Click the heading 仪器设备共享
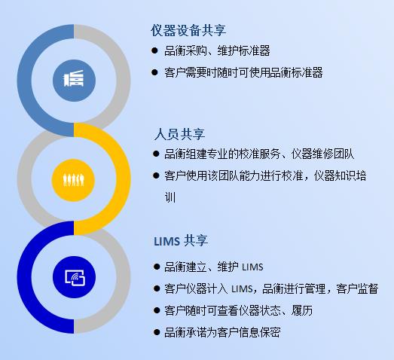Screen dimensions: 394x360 [188, 31]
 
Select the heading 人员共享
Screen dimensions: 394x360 [179, 134]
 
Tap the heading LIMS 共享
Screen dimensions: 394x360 [181, 241]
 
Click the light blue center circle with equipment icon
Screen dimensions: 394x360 [74, 81]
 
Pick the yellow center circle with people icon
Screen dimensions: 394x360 [73, 180]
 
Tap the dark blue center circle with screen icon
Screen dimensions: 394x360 [74, 277]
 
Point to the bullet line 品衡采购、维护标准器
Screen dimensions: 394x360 [217, 50]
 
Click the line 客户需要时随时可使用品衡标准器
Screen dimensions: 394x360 [243, 72]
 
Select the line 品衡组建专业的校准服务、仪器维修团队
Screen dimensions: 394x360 [259, 154]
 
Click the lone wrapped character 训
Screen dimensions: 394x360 [170, 197]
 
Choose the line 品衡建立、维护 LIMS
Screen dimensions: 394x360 [214, 267]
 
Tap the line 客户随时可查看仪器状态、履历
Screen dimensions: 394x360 [239, 310]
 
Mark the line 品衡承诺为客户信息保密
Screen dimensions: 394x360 [222, 332]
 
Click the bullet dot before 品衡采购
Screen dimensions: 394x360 [154, 50]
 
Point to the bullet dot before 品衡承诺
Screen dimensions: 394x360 [157, 332]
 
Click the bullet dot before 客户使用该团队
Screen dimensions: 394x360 [156, 175]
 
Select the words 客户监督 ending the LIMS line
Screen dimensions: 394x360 [357, 288]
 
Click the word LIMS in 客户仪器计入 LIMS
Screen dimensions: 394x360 [242, 289]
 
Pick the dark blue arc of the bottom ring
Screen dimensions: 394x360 [25, 276]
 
